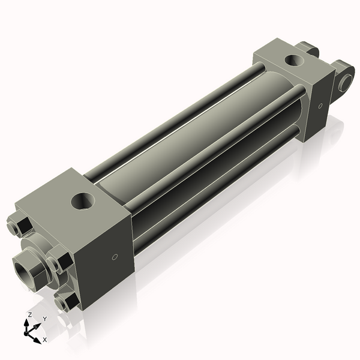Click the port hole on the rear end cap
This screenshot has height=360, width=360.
293,60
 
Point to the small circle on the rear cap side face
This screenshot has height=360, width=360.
320,106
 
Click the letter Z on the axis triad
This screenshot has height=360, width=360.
29,314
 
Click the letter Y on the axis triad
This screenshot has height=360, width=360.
45,319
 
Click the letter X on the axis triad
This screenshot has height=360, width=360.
44,340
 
